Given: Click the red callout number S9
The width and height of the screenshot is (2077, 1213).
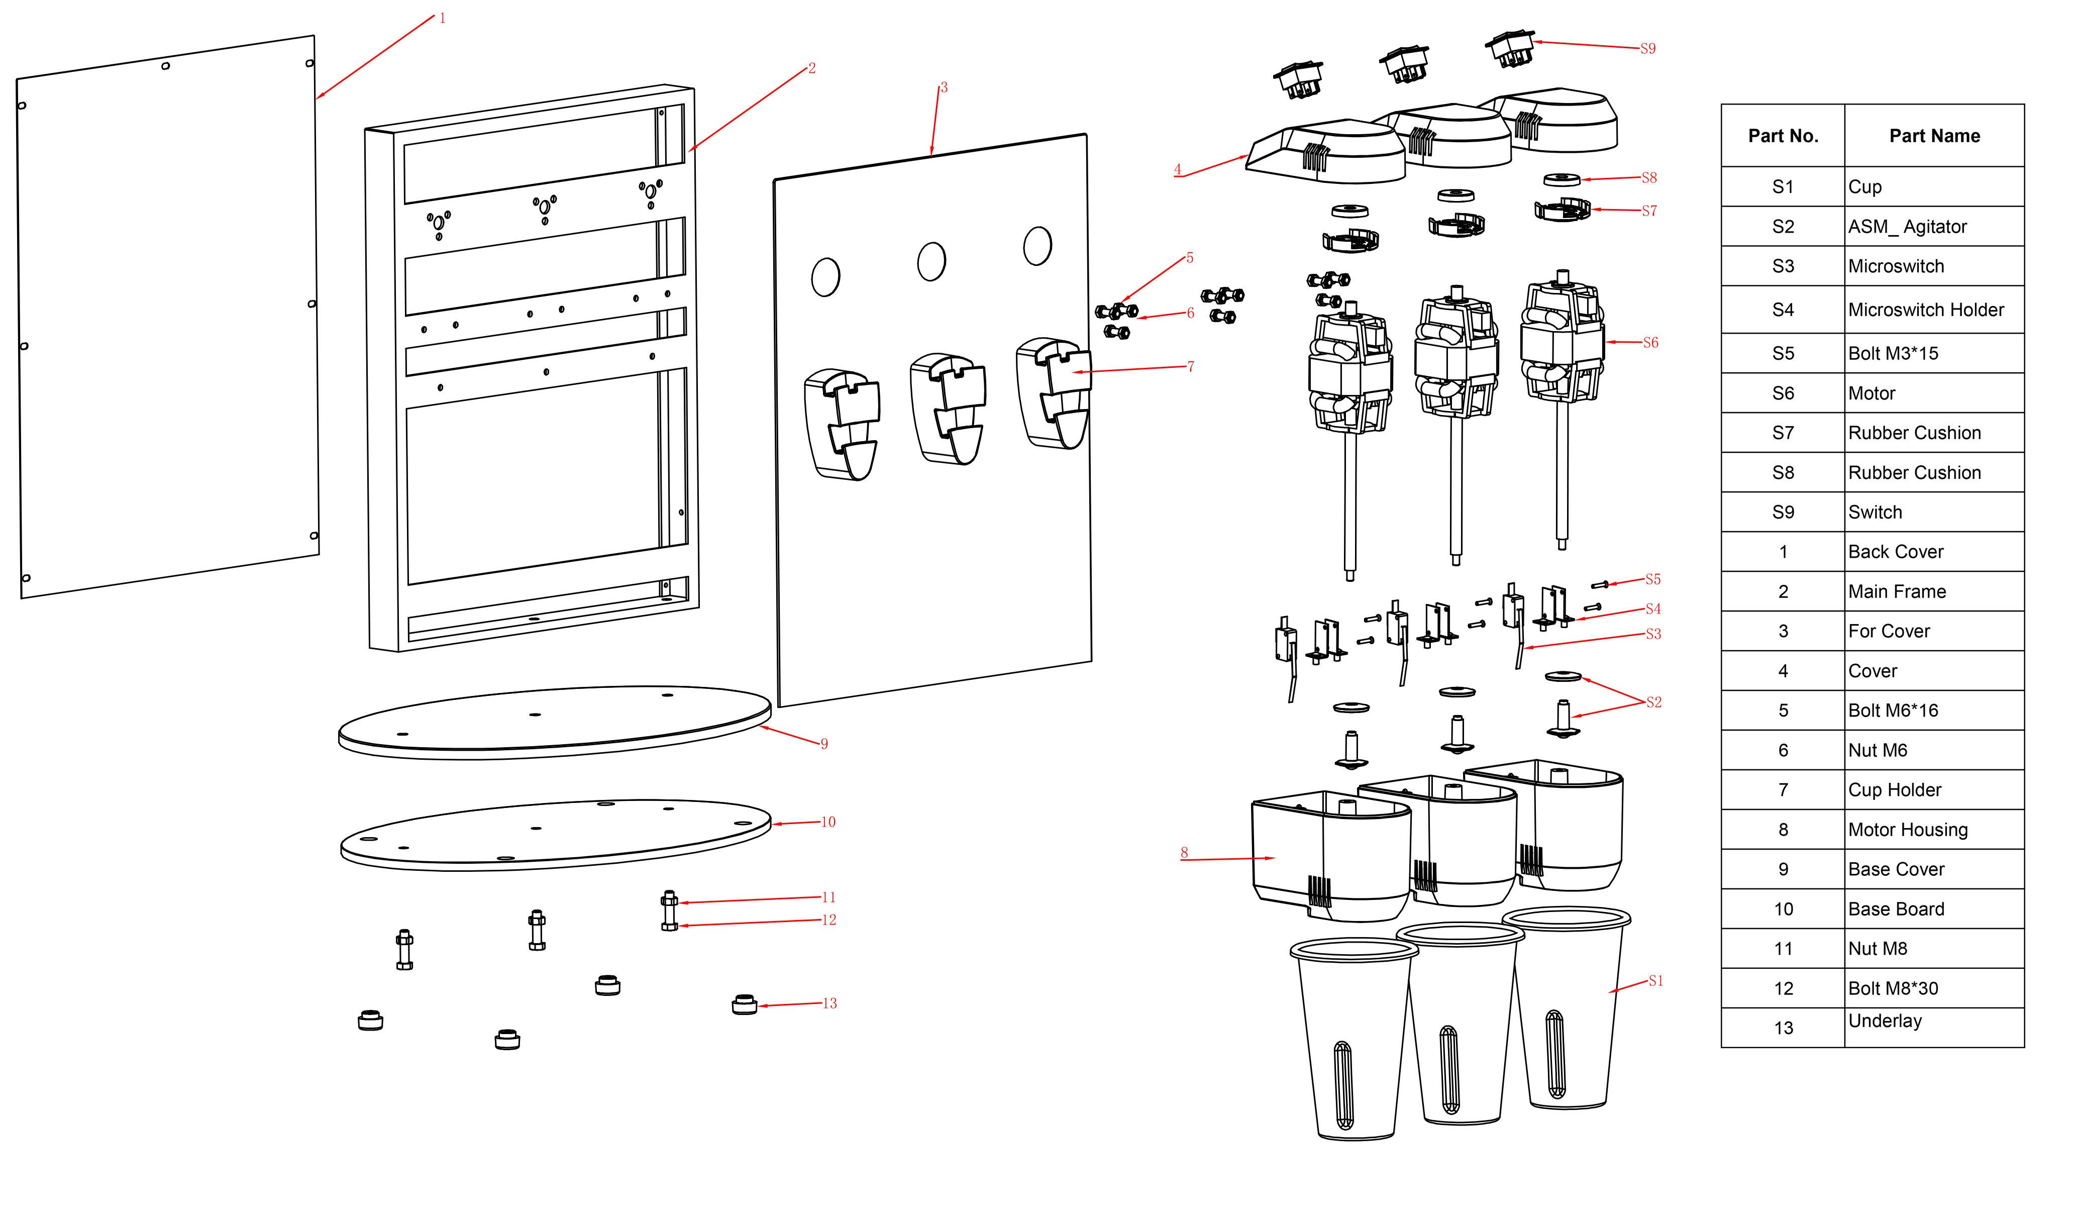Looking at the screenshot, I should tap(1647, 49).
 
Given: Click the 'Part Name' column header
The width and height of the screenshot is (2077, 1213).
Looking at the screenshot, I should tap(1934, 136).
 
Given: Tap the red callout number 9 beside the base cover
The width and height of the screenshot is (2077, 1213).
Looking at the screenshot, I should tap(823, 744).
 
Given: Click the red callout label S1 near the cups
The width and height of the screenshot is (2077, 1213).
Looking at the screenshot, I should tap(1656, 981).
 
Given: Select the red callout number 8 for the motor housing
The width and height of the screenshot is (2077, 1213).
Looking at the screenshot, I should tap(1184, 853).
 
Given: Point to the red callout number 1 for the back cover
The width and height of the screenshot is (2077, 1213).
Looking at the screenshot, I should tap(443, 18).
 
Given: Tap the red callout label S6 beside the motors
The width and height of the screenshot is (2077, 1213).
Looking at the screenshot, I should tap(1650, 343).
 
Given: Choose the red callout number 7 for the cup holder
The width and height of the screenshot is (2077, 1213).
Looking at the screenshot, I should tap(1190, 367).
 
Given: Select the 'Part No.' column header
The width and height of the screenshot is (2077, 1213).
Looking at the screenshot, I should tap(1783, 136).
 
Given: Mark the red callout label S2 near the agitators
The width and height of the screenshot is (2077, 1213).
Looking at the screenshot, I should tap(1653, 702).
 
